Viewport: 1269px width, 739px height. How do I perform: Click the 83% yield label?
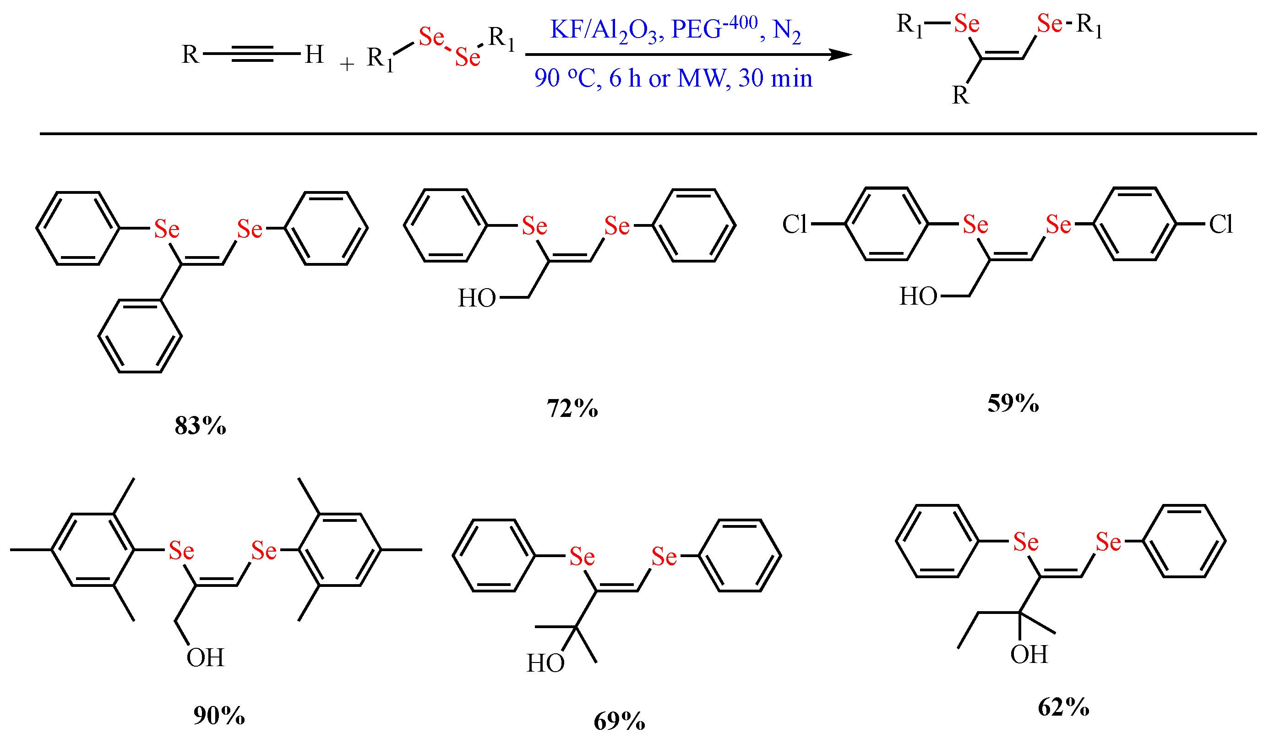[x=201, y=426]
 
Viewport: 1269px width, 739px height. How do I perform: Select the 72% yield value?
[x=572, y=408]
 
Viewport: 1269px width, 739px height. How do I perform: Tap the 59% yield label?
[x=1013, y=403]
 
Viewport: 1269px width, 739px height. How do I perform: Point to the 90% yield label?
[x=219, y=715]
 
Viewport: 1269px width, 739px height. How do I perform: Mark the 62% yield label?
[x=1063, y=707]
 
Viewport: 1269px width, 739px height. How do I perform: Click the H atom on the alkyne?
[x=314, y=54]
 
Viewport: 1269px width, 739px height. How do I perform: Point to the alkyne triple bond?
[x=252, y=54]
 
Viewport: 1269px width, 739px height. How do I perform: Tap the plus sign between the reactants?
[x=347, y=65]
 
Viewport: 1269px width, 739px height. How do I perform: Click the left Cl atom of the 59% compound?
[x=795, y=224]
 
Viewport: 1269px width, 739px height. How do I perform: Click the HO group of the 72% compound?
[x=477, y=298]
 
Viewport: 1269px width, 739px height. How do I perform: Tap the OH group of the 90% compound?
[x=205, y=657]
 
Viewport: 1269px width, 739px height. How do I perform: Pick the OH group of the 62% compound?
[x=1029, y=654]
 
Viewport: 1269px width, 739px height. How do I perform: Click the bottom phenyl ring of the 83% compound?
[x=140, y=336]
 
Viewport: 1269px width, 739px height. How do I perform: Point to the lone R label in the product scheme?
[x=960, y=95]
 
